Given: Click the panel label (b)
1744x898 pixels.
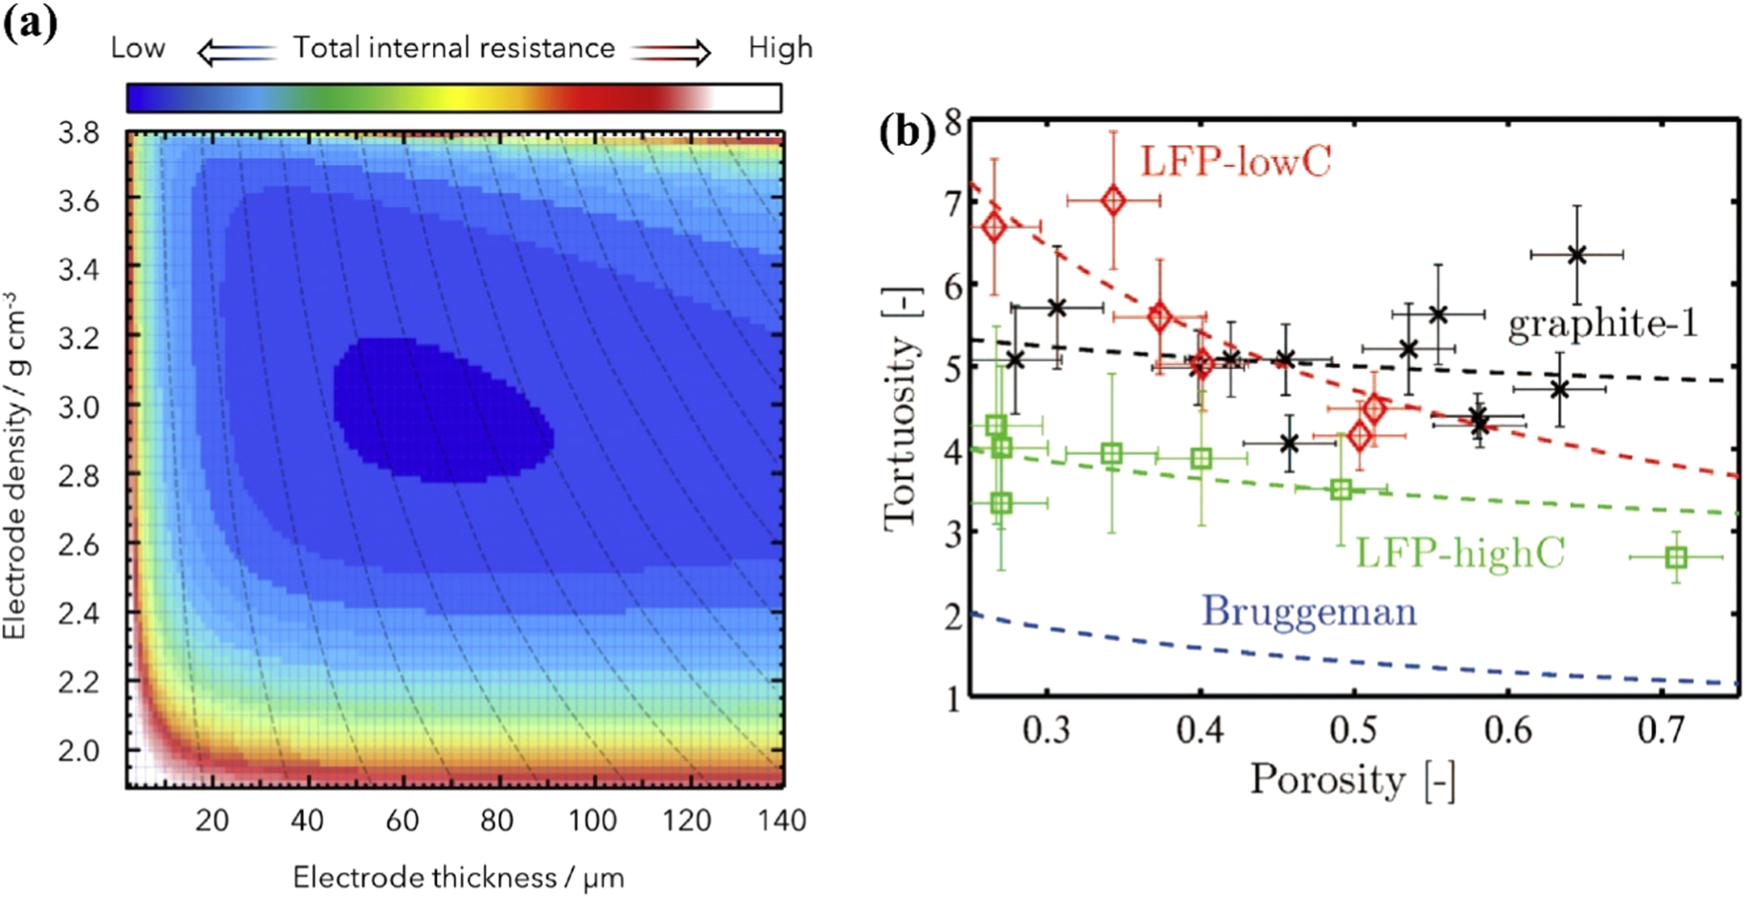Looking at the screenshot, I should [906, 132].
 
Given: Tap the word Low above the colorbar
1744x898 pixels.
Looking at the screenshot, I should [137, 48].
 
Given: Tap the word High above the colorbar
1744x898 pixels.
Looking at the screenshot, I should [779, 48].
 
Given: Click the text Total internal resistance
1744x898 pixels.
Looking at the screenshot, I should [453, 48].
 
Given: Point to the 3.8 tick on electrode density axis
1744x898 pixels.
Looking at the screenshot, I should [79, 132].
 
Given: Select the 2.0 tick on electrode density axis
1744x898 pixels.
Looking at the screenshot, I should [79, 750].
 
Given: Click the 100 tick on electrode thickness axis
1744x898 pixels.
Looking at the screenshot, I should [592, 820].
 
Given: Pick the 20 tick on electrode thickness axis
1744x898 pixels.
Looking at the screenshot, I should [212, 820].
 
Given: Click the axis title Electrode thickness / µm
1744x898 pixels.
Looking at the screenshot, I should [458, 877].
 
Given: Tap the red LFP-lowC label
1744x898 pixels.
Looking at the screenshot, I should [1234, 161].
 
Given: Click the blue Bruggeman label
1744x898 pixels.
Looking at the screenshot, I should [1309, 611].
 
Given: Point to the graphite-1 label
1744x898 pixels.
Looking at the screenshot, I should [1602, 324].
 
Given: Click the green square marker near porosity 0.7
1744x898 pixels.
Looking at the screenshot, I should [1675, 557].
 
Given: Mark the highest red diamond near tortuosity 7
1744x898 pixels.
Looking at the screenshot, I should [1113, 200].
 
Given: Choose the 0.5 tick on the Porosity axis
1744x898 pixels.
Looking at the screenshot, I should [1353, 730].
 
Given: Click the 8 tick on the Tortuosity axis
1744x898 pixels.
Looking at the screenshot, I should [953, 123].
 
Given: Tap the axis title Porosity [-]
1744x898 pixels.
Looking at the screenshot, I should [1352, 781].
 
